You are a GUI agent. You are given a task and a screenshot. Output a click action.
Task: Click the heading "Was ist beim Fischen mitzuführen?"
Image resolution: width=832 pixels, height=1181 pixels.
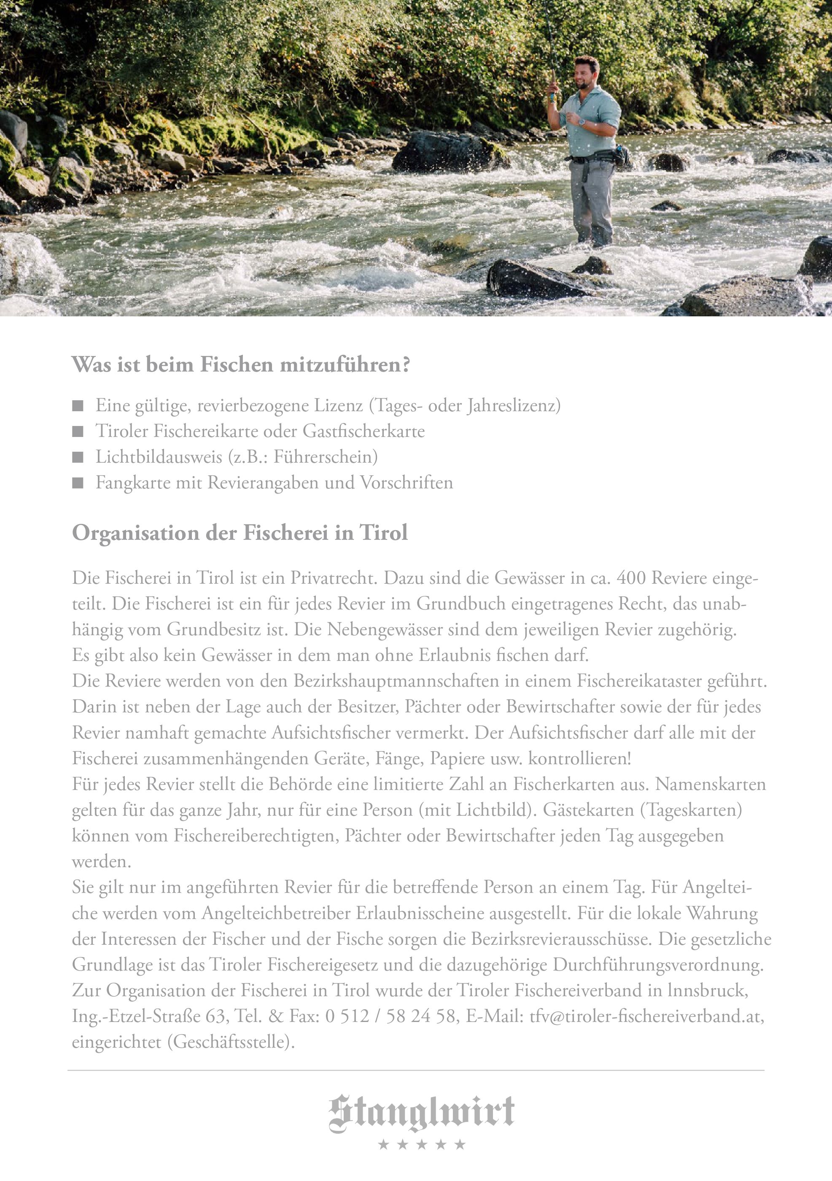click(x=241, y=365)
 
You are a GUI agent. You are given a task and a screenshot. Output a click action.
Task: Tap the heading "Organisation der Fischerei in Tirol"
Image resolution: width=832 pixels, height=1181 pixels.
click(x=240, y=533)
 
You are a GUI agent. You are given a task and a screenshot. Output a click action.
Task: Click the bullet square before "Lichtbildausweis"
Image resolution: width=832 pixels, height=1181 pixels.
click(x=78, y=457)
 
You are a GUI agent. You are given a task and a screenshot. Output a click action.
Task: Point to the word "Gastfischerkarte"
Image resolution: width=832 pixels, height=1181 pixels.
click(x=363, y=431)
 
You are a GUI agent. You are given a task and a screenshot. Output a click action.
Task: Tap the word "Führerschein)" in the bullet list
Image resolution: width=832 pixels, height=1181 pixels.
click(x=326, y=457)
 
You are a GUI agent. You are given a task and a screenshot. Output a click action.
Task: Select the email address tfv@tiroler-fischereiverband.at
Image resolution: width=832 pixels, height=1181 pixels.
click(x=646, y=1016)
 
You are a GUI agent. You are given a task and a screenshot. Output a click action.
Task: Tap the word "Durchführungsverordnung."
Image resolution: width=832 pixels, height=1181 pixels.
click(x=658, y=965)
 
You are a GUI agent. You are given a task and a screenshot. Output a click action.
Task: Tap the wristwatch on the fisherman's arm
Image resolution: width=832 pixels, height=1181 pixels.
click(x=582, y=122)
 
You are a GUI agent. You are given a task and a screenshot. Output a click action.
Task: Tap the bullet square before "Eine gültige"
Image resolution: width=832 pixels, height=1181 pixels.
click(x=78, y=406)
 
